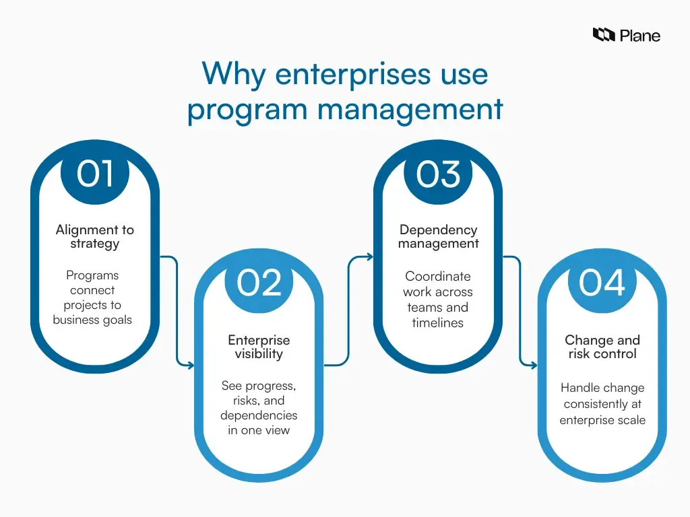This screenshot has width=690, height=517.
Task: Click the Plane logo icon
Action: click(604, 34)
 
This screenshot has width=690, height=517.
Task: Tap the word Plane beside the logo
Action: click(640, 35)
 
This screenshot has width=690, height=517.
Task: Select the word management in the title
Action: click(413, 109)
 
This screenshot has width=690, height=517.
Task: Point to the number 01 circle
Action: click(95, 174)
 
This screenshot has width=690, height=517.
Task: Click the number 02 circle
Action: click(259, 283)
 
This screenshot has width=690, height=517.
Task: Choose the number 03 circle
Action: click(438, 174)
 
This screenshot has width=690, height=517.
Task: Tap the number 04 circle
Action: click(602, 283)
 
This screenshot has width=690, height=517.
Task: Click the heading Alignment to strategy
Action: click(95, 236)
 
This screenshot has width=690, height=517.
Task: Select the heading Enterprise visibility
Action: click(259, 347)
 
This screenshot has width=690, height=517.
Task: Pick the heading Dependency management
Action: click(438, 236)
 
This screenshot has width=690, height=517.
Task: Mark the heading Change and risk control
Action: click(602, 347)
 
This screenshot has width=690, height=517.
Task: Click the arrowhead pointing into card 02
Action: click(191, 366)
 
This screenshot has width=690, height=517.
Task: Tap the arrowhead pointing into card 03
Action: click(369, 256)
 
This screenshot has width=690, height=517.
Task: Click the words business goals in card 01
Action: click(93, 320)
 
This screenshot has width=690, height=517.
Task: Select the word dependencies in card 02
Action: click(259, 415)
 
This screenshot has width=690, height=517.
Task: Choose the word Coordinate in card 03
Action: click(438, 276)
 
